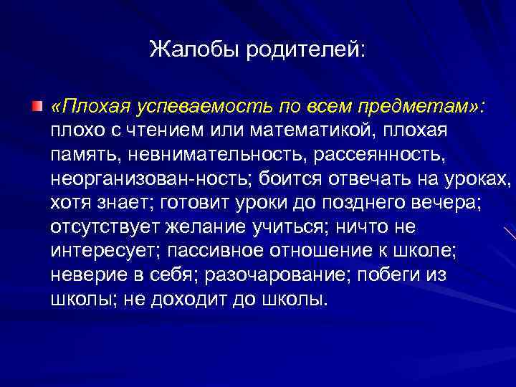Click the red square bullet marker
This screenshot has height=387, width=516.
pyautogui.click(x=36, y=107)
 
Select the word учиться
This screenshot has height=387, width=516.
pyautogui.click(x=293, y=227)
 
